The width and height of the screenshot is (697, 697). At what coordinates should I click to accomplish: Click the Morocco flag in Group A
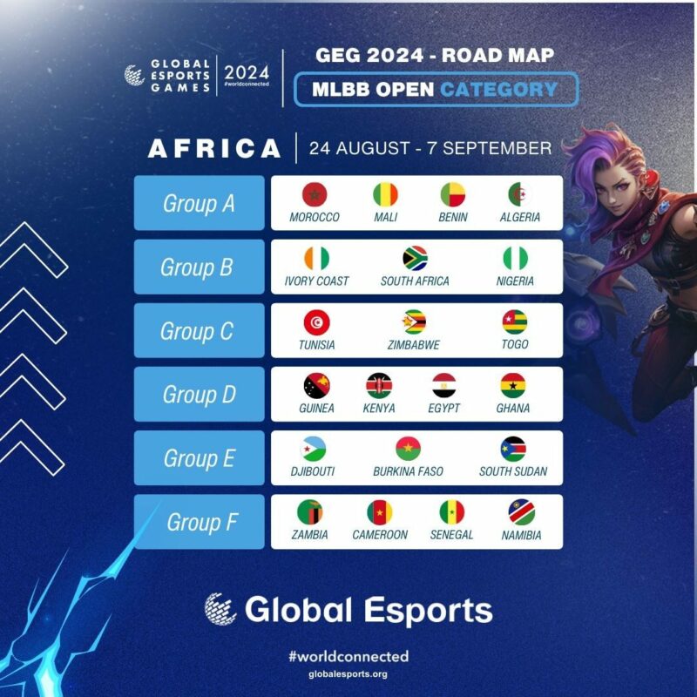tap(315, 194)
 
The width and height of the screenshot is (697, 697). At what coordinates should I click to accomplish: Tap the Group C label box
tap(200, 330)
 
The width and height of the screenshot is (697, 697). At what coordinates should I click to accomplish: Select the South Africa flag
tap(415, 258)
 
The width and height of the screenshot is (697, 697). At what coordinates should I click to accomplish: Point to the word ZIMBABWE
tap(413, 345)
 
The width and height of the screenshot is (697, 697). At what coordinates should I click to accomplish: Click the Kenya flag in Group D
tap(379, 385)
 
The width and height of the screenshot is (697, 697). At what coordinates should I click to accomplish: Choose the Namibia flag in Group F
tap(521, 512)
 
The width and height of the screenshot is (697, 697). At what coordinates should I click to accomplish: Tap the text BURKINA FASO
tap(408, 471)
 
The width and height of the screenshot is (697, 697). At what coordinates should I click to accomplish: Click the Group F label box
tap(200, 521)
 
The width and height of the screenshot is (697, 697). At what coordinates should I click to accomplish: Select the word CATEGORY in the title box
tap(498, 90)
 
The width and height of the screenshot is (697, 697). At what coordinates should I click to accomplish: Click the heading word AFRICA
tap(214, 148)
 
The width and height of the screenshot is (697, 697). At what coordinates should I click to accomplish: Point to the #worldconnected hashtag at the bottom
tap(348, 657)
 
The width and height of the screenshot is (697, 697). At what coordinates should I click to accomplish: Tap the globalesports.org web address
tap(348, 674)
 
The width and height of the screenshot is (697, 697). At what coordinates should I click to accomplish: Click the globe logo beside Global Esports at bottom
tap(220, 609)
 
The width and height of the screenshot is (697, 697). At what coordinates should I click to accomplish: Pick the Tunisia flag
tap(316, 321)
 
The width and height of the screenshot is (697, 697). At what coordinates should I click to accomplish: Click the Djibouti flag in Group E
tap(313, 449)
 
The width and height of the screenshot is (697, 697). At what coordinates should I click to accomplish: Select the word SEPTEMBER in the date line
tap(497, 148)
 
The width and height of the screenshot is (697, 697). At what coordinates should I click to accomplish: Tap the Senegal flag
tap(451, 512)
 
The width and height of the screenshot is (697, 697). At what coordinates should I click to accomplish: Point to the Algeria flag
tap(520, 194)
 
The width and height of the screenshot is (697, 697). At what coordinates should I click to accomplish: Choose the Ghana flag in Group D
tap(513, 385)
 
